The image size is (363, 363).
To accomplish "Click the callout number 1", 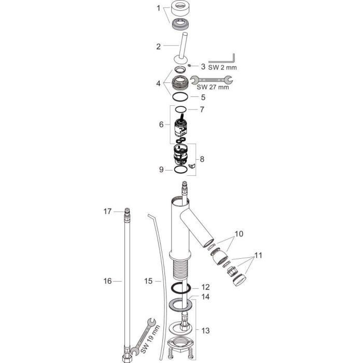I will tap(160, 8).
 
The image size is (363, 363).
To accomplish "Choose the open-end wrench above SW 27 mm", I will tap(212, 79).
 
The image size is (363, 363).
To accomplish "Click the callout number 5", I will tap(203, 96).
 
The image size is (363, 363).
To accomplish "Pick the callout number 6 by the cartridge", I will tap(161, 124).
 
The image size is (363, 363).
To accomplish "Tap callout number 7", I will tap(203, 110).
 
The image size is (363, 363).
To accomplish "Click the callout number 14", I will tap(205, 297).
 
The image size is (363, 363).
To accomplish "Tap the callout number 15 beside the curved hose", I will tap(148, 281).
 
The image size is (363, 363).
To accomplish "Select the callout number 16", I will tap(107, 281).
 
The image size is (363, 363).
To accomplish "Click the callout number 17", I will tap(107, 211).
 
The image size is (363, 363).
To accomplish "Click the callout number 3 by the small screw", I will tap(203, 67).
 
